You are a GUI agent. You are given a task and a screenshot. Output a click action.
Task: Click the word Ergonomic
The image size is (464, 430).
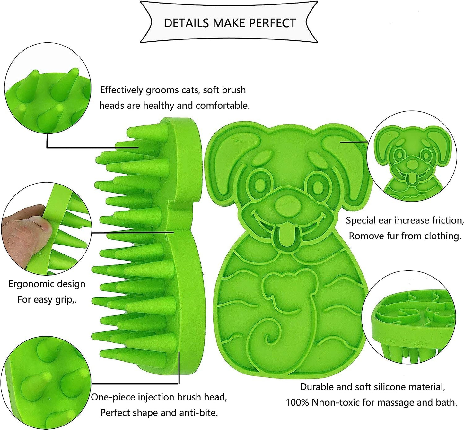(x=29, y=284)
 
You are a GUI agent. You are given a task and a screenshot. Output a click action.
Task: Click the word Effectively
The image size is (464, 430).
(x=121, y=90)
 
